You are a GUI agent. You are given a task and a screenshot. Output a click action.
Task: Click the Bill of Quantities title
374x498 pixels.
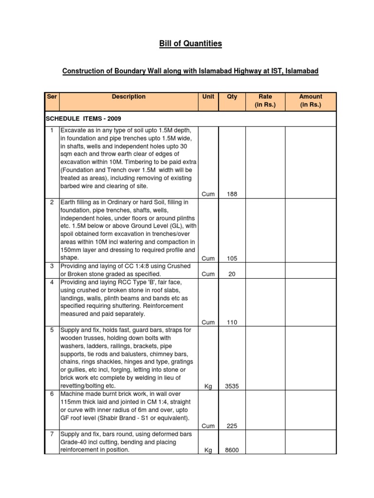tap(190, 44)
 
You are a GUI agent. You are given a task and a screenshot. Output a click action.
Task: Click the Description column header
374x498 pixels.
tap(129, 97)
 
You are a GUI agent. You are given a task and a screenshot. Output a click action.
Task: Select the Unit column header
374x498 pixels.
tap(208, 97)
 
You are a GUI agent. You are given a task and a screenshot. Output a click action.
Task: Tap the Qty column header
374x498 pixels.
tap(232, 97)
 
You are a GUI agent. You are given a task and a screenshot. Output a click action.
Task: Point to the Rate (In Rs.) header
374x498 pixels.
tap(265, 101)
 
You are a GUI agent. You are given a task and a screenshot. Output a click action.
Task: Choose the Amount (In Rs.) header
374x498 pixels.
tap(311, 101)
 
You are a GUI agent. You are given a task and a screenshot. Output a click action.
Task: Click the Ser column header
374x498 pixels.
tap(52, 97)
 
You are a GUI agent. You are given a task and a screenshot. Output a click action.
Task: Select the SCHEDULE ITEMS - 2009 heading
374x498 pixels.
tap(83, 119)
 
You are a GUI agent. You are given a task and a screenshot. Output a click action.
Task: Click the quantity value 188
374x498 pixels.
tap(232, 195)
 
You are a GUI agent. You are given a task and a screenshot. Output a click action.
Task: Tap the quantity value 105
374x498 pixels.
tap(232, 258)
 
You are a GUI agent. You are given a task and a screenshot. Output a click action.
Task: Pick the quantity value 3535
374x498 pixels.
tap(232, 386)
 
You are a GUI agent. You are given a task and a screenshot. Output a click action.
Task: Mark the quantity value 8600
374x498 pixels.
tap(232, 450)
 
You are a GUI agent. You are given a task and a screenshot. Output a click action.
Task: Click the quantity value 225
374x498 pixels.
tap(232, 426)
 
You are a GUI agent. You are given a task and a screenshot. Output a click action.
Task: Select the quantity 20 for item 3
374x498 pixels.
tap(232, 274)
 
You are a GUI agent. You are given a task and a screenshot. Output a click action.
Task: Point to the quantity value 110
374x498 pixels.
tap(232, 322)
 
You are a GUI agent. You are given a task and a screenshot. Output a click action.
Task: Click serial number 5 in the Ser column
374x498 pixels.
tap(52, 330)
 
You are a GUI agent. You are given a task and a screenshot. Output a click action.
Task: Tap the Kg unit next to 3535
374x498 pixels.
tap(208, 386)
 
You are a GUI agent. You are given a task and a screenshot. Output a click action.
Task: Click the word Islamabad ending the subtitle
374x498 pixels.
tap(302, 71)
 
